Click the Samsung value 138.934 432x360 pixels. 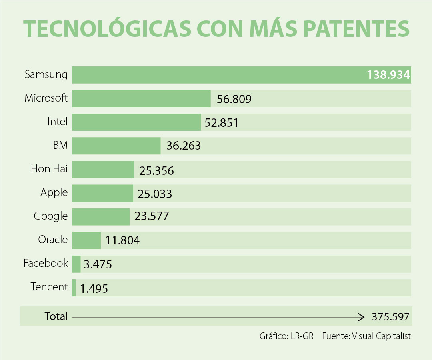pyautogui.click(x=388, y=75)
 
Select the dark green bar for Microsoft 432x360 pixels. pyautogui.click(x=141, y=99)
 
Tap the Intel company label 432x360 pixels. pyautogui.click(x=58, y=122)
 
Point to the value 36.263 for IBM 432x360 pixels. pyautogui.click(x=184, y=146)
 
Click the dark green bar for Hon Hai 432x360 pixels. pyautogui.click(x=103, y=170)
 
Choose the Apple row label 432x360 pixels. pyautogui.click(x=54, y=193)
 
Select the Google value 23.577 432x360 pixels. pyautogui.click(x=152, y=216)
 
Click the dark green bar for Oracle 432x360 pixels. pyautogui.click(x=86, y=240)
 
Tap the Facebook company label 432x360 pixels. pyautogui.click(x=46, y=263)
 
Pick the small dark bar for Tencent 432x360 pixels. pyautogui.click(x=74, y=288)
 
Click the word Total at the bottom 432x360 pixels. pyautogui.click(x=56, y=316)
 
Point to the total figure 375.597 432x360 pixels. pyautogui.click(x=390, y=317)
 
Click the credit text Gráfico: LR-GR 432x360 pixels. pyautogui.click(x=286, y=336)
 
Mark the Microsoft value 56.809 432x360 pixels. pyautogui.click(x=234, y=99)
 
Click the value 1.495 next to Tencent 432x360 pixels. pyautogui.click(x=94, y=288)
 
